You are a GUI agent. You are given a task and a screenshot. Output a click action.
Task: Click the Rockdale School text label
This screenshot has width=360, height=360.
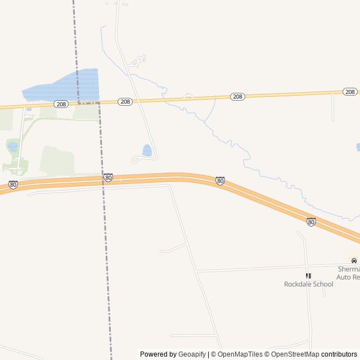(308, 284)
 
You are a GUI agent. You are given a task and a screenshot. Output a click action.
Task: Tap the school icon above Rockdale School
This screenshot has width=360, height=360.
(308, 276)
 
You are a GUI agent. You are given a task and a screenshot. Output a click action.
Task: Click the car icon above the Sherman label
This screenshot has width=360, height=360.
(354, 261)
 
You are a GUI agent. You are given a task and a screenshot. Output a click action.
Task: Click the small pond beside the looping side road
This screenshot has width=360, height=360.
(147, 150)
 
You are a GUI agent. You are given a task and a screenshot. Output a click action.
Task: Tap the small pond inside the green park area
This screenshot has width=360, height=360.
(12, 147)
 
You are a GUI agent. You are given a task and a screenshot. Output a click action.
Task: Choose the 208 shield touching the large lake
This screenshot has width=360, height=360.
(61, 104)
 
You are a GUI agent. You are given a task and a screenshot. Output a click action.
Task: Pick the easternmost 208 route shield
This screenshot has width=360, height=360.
(350, 92)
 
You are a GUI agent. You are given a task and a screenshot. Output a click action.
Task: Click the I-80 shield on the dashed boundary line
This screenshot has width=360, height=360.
(108, 178)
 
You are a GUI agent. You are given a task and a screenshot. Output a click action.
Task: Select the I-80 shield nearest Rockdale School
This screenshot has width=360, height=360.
(311, 222)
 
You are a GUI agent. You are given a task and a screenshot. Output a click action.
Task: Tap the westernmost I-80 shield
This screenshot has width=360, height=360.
(13, 184)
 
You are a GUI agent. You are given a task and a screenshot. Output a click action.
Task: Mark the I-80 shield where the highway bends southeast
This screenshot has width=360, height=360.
(220, 181)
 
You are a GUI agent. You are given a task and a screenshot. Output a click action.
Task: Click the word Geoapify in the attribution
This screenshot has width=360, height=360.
(192, 354)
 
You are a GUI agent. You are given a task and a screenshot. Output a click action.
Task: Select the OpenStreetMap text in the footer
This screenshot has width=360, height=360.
(295, 354)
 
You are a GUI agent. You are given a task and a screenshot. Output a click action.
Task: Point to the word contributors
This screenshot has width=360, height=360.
(339, 354)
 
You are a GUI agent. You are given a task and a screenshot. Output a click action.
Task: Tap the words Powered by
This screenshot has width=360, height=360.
(158, 354)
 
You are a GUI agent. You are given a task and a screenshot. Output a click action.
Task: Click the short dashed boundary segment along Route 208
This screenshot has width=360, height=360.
(88, 103)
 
